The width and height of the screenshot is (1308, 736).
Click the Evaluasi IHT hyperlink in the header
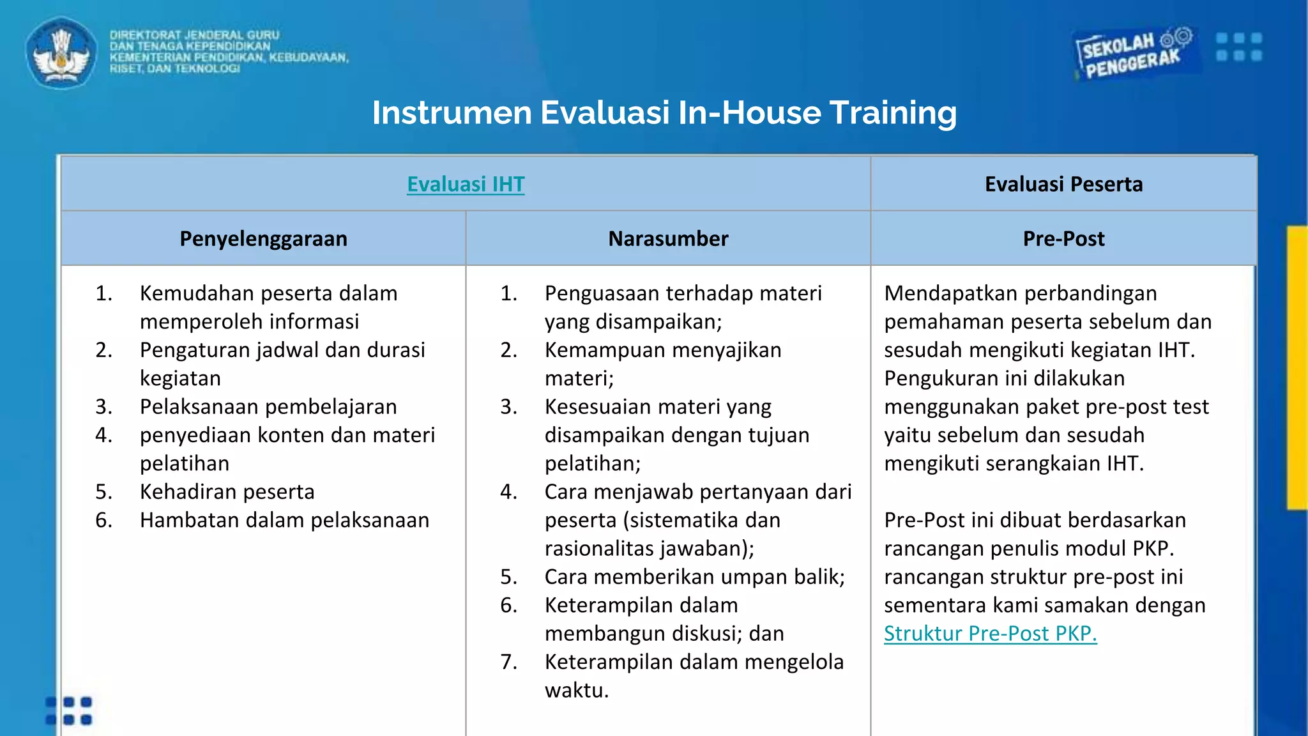pyautogui.click(x=466, y=184)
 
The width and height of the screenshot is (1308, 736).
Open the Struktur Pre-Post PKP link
pyautogui.click(x=990, y=633)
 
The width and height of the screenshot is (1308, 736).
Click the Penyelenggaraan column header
pyautogui.click(x=263, y=238)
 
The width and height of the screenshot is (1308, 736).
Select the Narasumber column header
pyautogui.click(x=668, y=238)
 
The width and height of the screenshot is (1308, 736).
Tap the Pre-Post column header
pyautogui.click(x=1063, y=238)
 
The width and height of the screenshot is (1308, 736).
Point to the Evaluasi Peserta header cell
pyautogui.click(x=1063, y=184)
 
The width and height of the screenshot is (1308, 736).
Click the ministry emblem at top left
pyautogui.click(x=61, y=53)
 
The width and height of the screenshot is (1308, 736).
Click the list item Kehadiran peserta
pyautogui.click(x=227, y=491)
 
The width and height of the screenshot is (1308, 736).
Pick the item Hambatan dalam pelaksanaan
pyautogui.click(x=284, y=520)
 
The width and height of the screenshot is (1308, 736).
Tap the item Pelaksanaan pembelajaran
pyautogui.click(x=268, y=406)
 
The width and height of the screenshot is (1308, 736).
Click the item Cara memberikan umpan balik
pyautogui.click(x=694, y=576)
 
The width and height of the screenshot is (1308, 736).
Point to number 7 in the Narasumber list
pyautogui.click(x=508, y=662)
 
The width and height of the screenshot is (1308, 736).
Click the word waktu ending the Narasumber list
pyautogui.click(x=576, y=690)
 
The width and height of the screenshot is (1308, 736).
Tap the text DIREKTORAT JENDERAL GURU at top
pyautogui.click(x=194, y=35)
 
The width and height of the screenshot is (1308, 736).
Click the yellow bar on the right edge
pyautogui.click(x=1297, y=367)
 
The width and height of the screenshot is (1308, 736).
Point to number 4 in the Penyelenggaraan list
pyautogui.click(x=103, y=435)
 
